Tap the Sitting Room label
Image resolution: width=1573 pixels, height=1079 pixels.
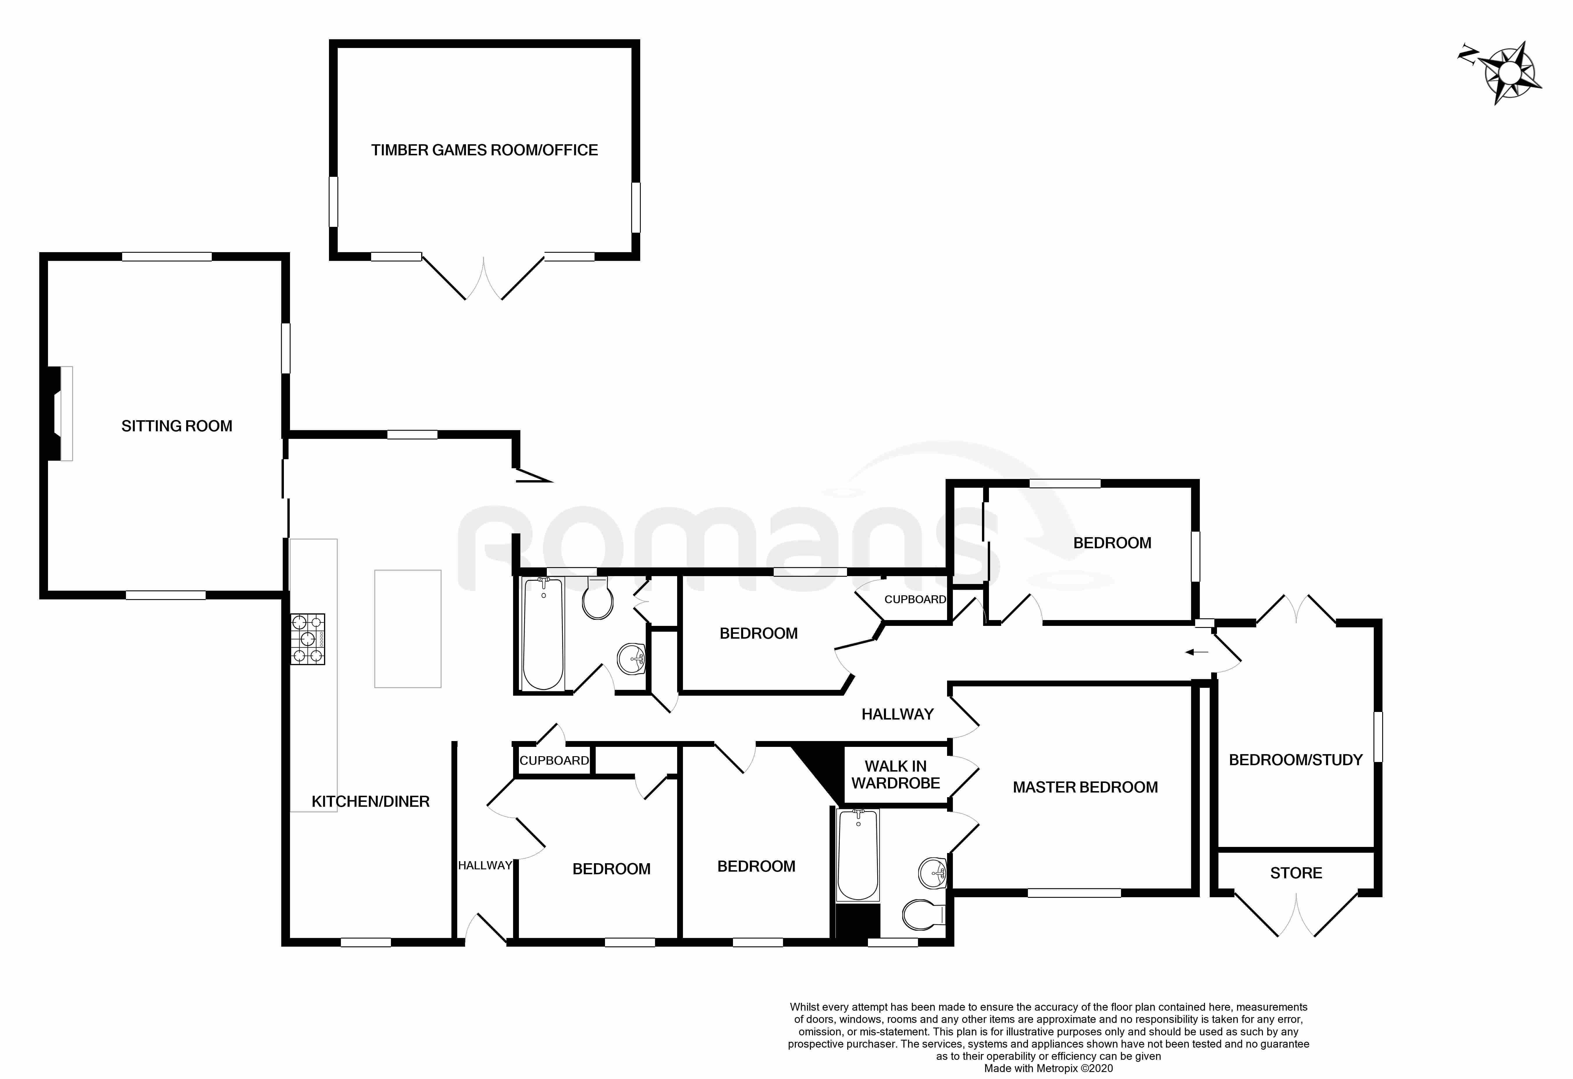click(177, 426)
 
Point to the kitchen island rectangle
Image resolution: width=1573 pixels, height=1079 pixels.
click(408, 629)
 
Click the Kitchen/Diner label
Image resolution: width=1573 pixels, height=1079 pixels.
click(370, 802)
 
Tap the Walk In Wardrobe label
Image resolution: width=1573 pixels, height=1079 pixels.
click(896, 774)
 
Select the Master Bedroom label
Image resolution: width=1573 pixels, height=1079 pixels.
click(1085, 787)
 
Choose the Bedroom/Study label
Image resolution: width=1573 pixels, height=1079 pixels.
click(1296, 760)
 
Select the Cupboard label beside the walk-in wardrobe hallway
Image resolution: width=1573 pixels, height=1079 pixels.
click(915, 599)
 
